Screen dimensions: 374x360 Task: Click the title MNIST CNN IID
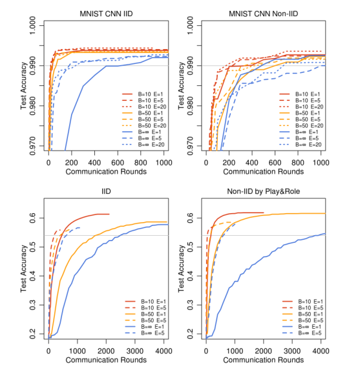105,13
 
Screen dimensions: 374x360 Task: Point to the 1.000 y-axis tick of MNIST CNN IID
34,25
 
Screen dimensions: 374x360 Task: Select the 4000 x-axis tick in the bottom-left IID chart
163,350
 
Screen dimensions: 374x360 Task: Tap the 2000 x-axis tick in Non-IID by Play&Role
264,350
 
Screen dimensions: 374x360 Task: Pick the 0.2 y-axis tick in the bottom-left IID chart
34,336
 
